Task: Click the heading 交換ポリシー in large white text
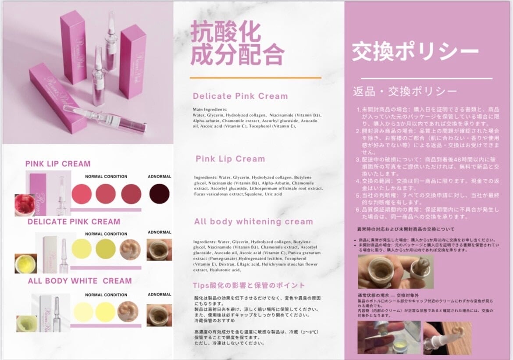pyautogui.click(x=415, y=52)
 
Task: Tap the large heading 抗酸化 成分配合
pyautogui.click(x=237, y=44)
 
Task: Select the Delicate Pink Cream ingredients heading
pyautogui.click(x=240, y=96)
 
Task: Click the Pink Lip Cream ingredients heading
pyautogui.click(x=230, y=159)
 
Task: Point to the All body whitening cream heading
pyautogui.click(x=253, y=221)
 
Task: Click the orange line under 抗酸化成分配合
pyautogui.click(x=255, y=78)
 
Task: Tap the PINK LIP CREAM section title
pyautogui.click(x=58, y=164)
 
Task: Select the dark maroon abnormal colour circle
pyautogui.click(x=159, y=193)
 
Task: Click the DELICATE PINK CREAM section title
pyautogui.click(x=74, y=221)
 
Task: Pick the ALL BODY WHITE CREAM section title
pyautogui.click(x=80, y=281)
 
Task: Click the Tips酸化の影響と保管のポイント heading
pyautogui.click(x=249, y=285)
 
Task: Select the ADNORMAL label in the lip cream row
pyautogui.click(x=159, y=177)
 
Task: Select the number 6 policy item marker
pyautogui.click(x=358, y=209)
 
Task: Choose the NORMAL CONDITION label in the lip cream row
pyautogui.click(x=106, y=177)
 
